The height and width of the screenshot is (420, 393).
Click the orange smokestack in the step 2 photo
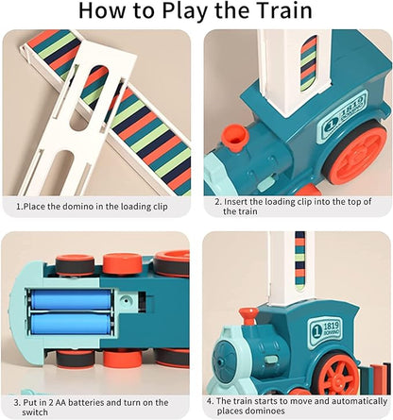pyautogui.click(x=237, y=136)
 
